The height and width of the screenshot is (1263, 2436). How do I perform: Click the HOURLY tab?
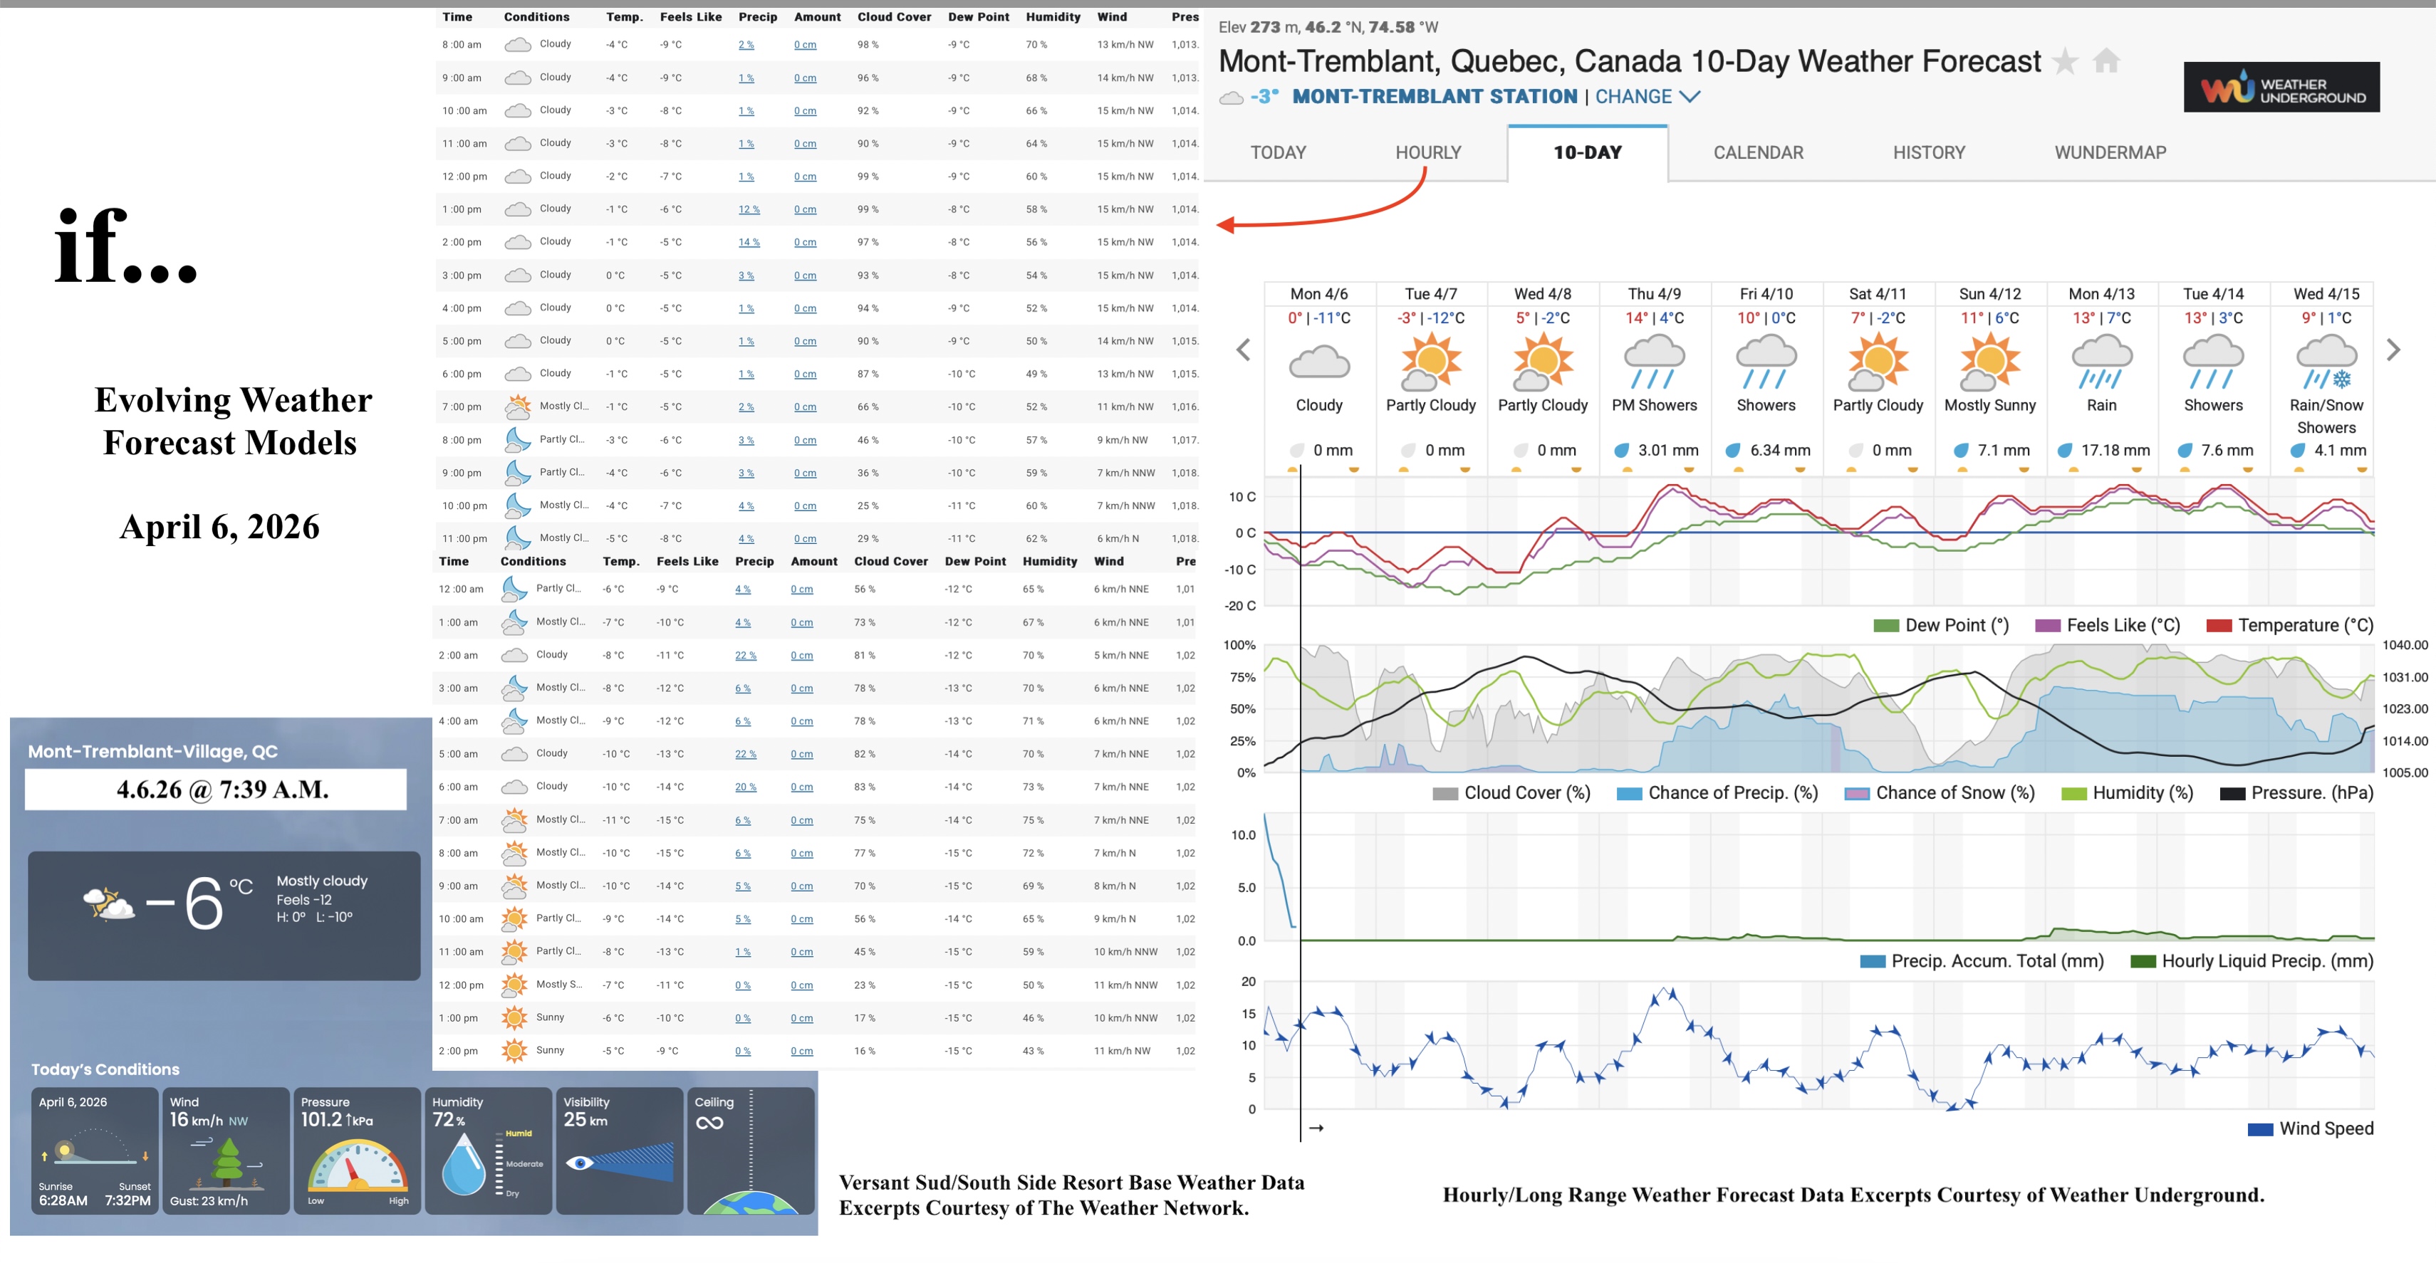[1428, 152]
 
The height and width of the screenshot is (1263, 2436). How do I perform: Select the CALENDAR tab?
[1758, 152]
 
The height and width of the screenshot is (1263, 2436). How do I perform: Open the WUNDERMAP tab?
[2110, 152]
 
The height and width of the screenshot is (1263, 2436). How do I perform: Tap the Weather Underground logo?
[2281, 88]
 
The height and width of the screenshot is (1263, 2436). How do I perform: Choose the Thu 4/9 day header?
[1654, 294]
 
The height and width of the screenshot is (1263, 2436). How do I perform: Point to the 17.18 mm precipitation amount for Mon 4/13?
[2115, 450]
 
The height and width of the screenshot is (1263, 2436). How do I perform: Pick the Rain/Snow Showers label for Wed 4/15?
[2326, 416]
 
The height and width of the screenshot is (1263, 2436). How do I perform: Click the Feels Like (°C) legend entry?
[2109, 625]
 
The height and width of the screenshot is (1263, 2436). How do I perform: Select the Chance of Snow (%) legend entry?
[1940, 793]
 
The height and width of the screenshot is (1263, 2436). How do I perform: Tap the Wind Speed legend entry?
[2312, 1128]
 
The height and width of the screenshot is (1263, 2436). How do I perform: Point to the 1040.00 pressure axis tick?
[2405, 645]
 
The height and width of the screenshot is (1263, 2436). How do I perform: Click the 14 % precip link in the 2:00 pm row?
[749, 243]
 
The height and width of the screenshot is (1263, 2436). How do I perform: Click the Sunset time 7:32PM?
[127, 1200]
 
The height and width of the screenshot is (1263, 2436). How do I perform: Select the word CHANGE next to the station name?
[1633, 96]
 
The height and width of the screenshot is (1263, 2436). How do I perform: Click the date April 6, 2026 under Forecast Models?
[219, 527]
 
